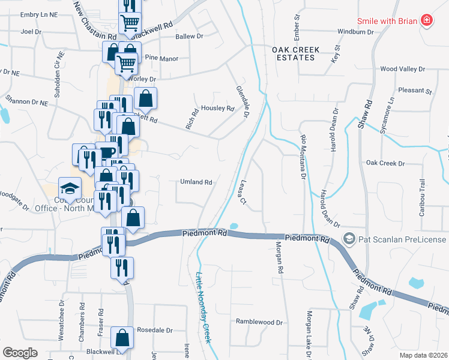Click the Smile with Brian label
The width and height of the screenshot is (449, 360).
[x=387, y=20]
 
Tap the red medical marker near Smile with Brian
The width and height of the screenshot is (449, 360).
[x=427, y=20]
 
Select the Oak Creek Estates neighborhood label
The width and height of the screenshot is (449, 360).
[x=293, y=53]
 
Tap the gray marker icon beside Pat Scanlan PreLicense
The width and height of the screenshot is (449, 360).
[x=349, y=239]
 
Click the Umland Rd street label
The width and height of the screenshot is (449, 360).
[x=196, y=182]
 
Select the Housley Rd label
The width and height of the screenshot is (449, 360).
[x=217, y=109]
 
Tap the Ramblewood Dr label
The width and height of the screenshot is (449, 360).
[x=259, y=322]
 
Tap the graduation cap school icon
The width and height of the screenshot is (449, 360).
[x=69, y=187]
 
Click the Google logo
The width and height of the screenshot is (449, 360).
[x=20, y=353]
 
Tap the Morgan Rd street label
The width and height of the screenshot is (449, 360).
[x=279, y=257]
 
